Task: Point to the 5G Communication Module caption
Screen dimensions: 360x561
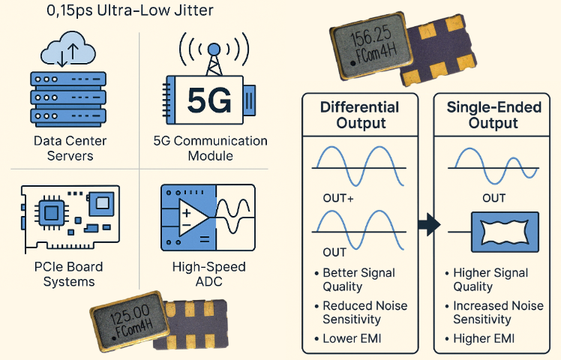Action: (210, 148)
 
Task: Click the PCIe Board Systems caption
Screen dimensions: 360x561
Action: (69, 274)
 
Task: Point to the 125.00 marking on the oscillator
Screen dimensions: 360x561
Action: (130, 310)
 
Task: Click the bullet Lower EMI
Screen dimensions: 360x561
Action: (352, 339)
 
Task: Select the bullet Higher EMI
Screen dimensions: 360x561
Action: (484, 339)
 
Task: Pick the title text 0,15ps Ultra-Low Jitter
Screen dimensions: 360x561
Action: (129, 10)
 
